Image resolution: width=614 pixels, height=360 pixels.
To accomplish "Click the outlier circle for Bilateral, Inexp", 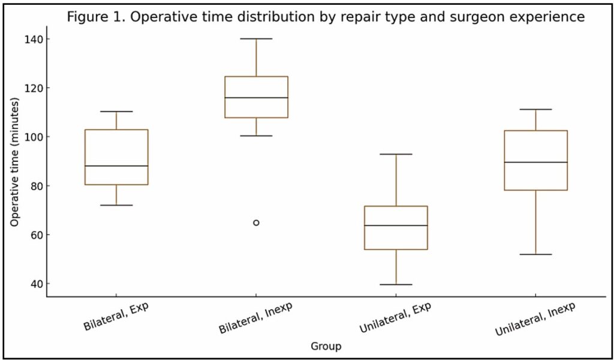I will (x=256, y=223).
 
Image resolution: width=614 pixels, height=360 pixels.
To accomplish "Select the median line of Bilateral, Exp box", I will (x=116, y=166).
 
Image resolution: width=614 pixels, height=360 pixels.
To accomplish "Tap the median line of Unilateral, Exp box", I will (x=396, y=226).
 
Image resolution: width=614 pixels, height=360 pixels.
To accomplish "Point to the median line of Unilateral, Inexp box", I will (x=535, y=162).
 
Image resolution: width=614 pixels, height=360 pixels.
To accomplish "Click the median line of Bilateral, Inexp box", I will (x=256, y=97).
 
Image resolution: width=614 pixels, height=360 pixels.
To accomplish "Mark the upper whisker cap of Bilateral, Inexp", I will (x=256, y=38).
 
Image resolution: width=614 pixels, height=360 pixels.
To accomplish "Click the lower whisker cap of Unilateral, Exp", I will (x=396, y=284).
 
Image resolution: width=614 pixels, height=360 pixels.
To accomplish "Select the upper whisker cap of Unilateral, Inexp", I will (x=535, y=109).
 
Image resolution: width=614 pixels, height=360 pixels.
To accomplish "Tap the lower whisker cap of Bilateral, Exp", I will (x=116, y=205).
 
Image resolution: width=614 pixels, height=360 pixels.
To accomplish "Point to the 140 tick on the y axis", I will (x=46, y=39).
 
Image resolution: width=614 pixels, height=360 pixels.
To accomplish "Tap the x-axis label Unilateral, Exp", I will (x=395, y=318).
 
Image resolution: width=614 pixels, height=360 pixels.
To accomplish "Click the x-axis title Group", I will (x=326, y=346).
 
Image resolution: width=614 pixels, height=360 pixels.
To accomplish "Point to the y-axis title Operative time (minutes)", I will (x=15, y=161).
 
